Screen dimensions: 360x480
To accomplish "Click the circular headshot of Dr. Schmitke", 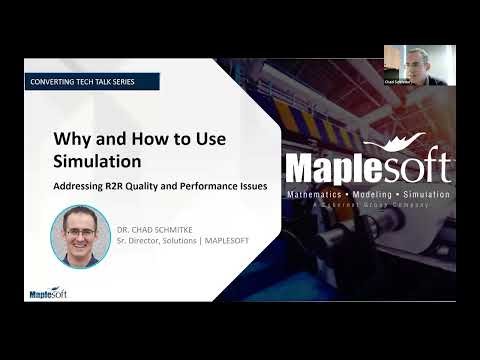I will coord(80,236).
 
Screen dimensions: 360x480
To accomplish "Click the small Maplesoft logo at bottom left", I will coord(46,292).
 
